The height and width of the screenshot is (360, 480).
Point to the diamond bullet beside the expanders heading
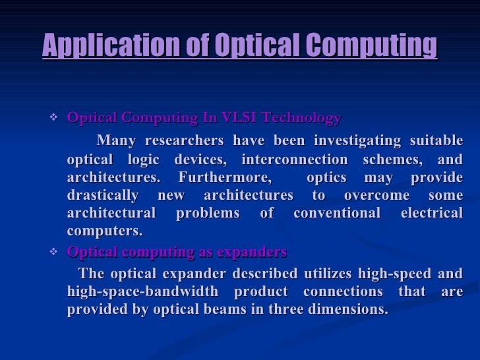pos(54,252)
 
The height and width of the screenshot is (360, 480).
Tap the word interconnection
pos(294,160)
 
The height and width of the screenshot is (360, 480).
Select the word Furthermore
pos(225,178)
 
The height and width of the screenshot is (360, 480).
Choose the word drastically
pos(103,196)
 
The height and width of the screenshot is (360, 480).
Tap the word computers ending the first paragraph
pos(104,231)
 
